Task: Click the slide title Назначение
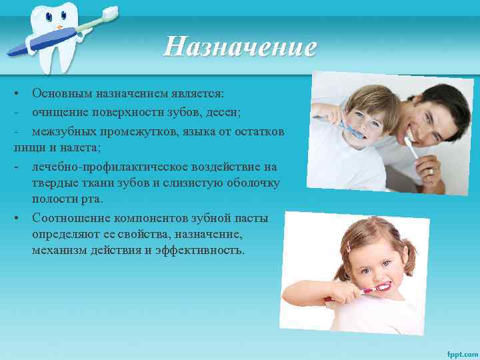click(x=240, y=47)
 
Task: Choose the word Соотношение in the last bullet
click(x=71, y=218)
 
